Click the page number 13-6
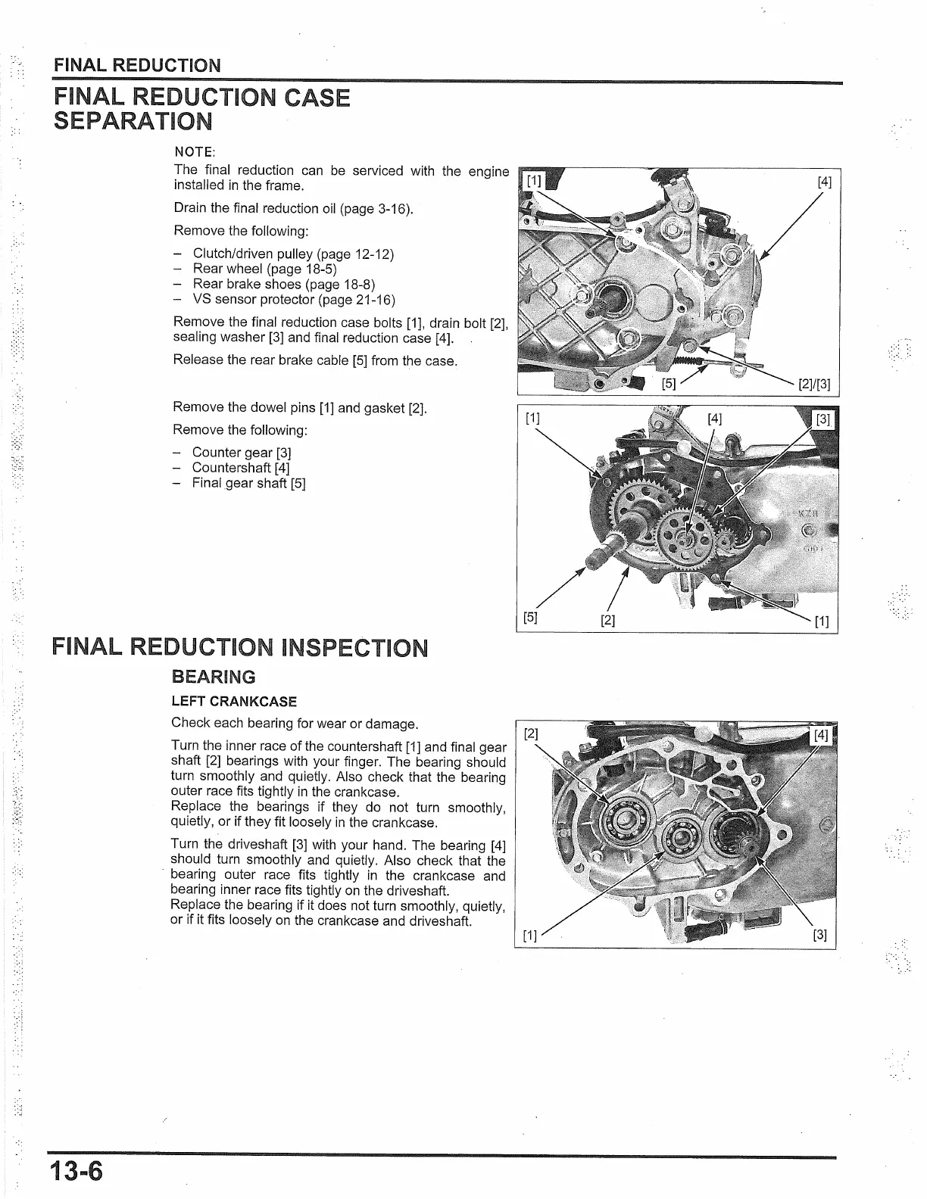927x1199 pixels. click(x=76, y=1171)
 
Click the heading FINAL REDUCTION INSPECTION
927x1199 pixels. click(x=239, y=649)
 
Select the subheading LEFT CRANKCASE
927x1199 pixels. click(x=234, y=702)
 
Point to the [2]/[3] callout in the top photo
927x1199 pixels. click(x=814, y=384)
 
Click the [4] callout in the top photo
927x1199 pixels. click(x=824, y=182)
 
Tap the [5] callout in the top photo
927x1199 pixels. click(x=669, y=383)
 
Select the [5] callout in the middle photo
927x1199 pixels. click(x=531, y=617)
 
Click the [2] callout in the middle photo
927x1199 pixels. click(x=607, y=621)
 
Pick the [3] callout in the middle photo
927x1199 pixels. click(x=822, y=419)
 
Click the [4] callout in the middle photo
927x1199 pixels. click(x=714, y=418)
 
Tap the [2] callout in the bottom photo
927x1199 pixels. click(x=532, y=733)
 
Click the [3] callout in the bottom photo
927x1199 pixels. click(x=819, y=935)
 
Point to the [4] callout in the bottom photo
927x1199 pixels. click(x=822, y=735)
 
